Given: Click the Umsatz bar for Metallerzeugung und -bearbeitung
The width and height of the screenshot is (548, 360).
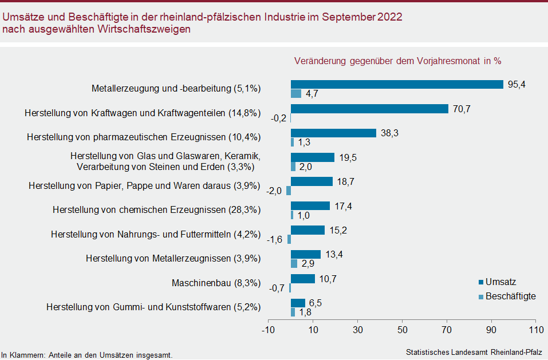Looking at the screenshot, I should [x=397, y=84].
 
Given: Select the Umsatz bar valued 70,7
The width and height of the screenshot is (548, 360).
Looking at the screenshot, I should [x=369, y=109].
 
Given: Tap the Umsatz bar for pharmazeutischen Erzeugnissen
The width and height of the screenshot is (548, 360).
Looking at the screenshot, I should [x=333, y=133].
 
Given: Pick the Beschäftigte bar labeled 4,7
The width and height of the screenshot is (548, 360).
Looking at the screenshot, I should [x=296, y=94].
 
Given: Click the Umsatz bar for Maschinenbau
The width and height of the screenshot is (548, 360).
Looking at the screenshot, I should [x=303, y=279].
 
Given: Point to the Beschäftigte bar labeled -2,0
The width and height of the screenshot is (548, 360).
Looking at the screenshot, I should [x=289, y=191].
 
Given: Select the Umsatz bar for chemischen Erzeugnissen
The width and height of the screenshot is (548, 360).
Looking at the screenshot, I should [x=310, y=205].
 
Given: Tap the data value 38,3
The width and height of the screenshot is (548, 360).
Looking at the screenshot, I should [x=389, y=133].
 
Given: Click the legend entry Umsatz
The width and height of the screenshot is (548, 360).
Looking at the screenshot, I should [x=500, y=282].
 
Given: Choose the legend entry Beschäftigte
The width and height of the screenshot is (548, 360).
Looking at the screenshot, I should [x=510, y=296].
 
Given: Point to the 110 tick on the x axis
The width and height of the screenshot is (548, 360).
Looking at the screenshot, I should [x=535, y=330].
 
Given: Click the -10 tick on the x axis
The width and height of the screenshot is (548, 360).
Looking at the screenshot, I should [x=268, y=330].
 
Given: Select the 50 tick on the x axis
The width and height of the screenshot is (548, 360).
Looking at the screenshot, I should [x=402, y=330].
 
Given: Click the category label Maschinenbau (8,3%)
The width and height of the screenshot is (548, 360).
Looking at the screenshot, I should [x=216, y=283].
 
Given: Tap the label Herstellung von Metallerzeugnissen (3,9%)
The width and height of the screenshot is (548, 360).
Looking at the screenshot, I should [x=174, y=259].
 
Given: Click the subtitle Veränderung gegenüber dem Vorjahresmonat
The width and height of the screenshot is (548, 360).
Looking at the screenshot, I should [x=397, y=61].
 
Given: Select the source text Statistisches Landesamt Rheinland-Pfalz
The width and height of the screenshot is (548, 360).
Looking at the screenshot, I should [x=474, y=351].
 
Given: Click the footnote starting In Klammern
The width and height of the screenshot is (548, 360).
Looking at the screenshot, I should [x=86, y=355].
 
